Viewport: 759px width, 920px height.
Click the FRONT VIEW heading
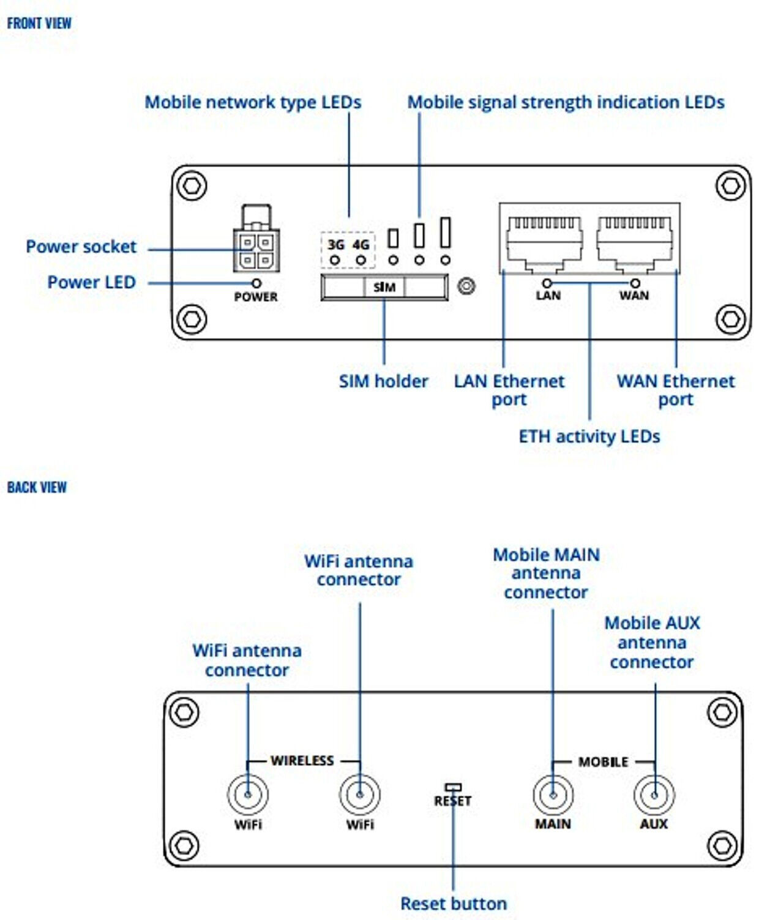39,23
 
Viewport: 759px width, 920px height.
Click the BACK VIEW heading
37,487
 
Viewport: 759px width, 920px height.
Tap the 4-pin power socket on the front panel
256,250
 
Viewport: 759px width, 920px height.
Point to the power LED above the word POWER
256,283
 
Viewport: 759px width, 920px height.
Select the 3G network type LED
335,260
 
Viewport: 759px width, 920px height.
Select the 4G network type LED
361,260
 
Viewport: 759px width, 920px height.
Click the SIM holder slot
384,287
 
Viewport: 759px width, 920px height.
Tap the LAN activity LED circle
548,283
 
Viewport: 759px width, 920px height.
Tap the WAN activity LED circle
635,283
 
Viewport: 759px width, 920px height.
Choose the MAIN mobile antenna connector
553,795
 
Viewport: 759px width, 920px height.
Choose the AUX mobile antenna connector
654,795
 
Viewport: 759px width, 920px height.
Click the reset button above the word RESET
454,787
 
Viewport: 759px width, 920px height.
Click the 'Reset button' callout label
454,903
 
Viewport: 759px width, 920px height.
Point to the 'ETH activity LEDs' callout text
589,436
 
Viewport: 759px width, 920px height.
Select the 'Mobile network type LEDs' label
253,102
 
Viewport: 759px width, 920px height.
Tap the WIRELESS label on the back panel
302,761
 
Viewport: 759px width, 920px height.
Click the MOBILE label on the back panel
603,762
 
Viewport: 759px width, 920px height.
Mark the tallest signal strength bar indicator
445,232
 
